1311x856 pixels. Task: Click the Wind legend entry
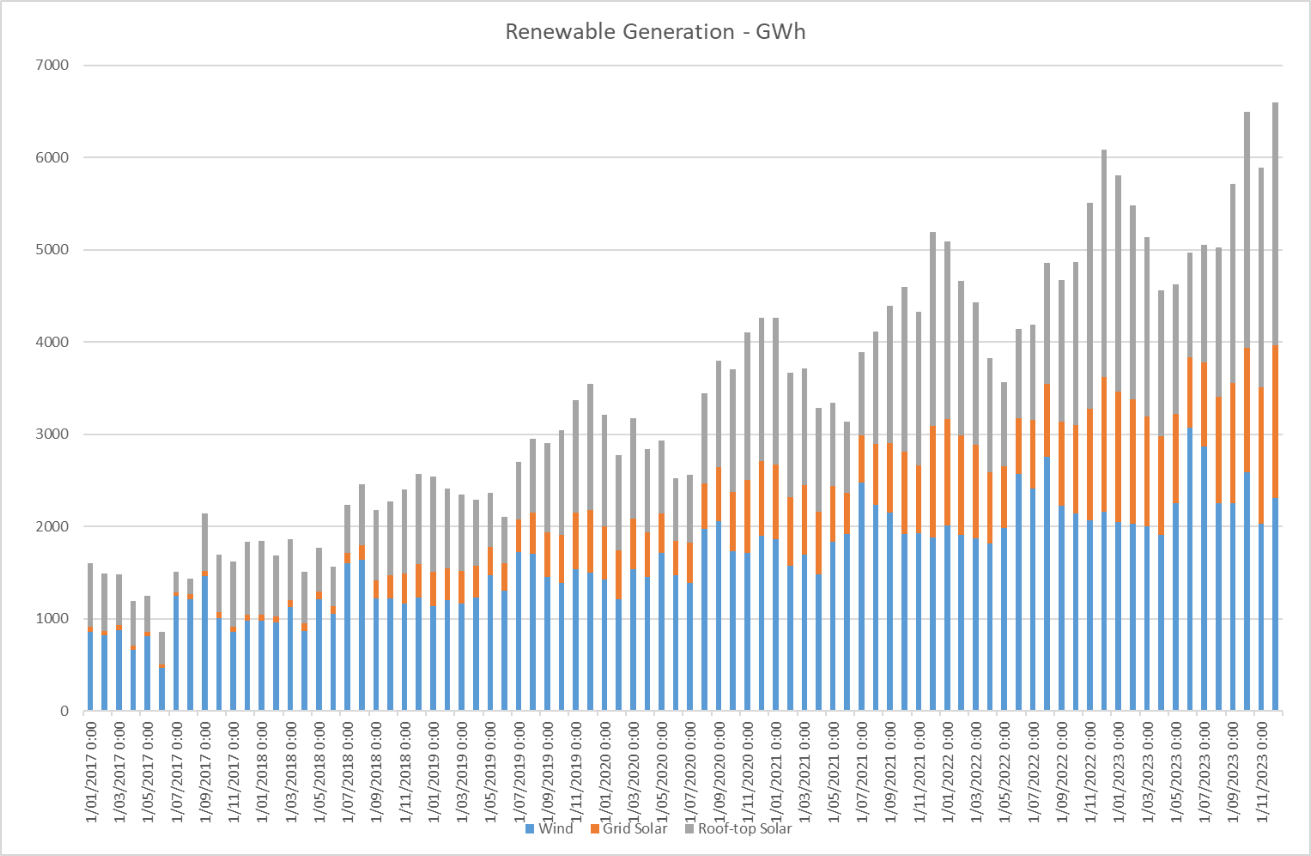tap(555, 829)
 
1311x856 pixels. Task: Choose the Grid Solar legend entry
tap(634, 829)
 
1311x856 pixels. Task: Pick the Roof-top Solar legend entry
tap(744, 829)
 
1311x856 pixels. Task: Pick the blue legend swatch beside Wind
tap(530, 829)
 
